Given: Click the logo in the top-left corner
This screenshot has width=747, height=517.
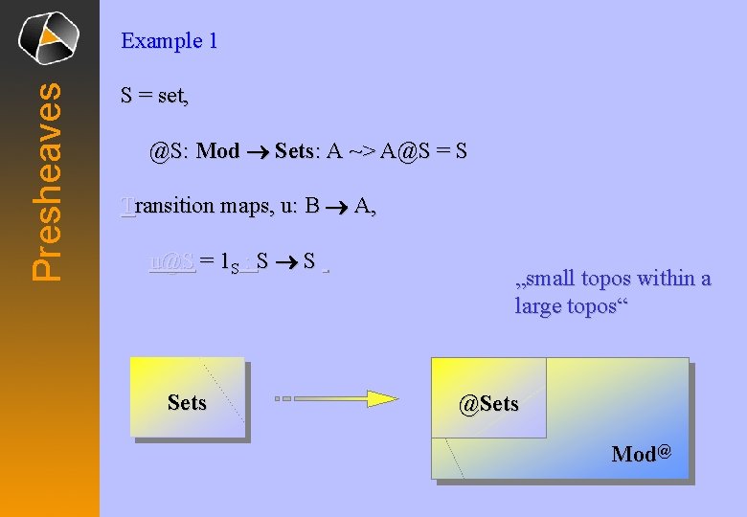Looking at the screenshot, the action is pos(49,37).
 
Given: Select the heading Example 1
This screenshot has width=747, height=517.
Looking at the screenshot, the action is pos(169,41).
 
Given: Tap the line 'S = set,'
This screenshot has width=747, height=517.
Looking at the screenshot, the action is pos(155,96).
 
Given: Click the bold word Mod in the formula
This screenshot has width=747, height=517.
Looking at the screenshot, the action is pos(217,151).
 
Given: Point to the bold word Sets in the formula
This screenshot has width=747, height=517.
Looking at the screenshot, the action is pos(294,151).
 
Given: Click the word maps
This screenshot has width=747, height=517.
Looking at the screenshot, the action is pos(243,206).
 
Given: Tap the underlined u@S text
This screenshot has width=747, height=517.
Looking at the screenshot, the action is pos(172,261).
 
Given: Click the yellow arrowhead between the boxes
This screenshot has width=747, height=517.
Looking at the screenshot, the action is pos(382,398).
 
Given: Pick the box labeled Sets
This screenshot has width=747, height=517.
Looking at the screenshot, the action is pos(187,398).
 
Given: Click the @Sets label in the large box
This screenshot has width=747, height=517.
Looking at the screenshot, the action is pos(488,404).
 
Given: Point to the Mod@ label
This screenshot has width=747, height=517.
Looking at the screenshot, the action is pos(641,454).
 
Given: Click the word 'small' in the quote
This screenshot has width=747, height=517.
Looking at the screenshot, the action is pos(552,279).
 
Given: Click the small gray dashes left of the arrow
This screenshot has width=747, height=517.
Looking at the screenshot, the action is pos(283,398).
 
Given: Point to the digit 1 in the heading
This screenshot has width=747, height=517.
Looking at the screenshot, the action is pos(213,41).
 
